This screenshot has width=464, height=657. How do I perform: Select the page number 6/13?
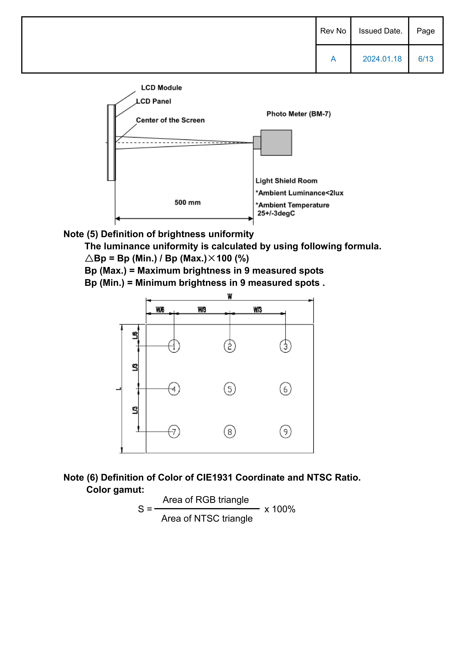pos(426,59)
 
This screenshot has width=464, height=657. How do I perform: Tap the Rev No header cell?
pos(333,31)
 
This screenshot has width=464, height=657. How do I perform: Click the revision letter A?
pos(333,59)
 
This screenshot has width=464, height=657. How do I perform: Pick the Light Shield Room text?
pos(286,181)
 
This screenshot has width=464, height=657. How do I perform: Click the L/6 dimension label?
pos(135,335)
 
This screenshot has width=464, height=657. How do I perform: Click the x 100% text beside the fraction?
pos(280,509)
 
